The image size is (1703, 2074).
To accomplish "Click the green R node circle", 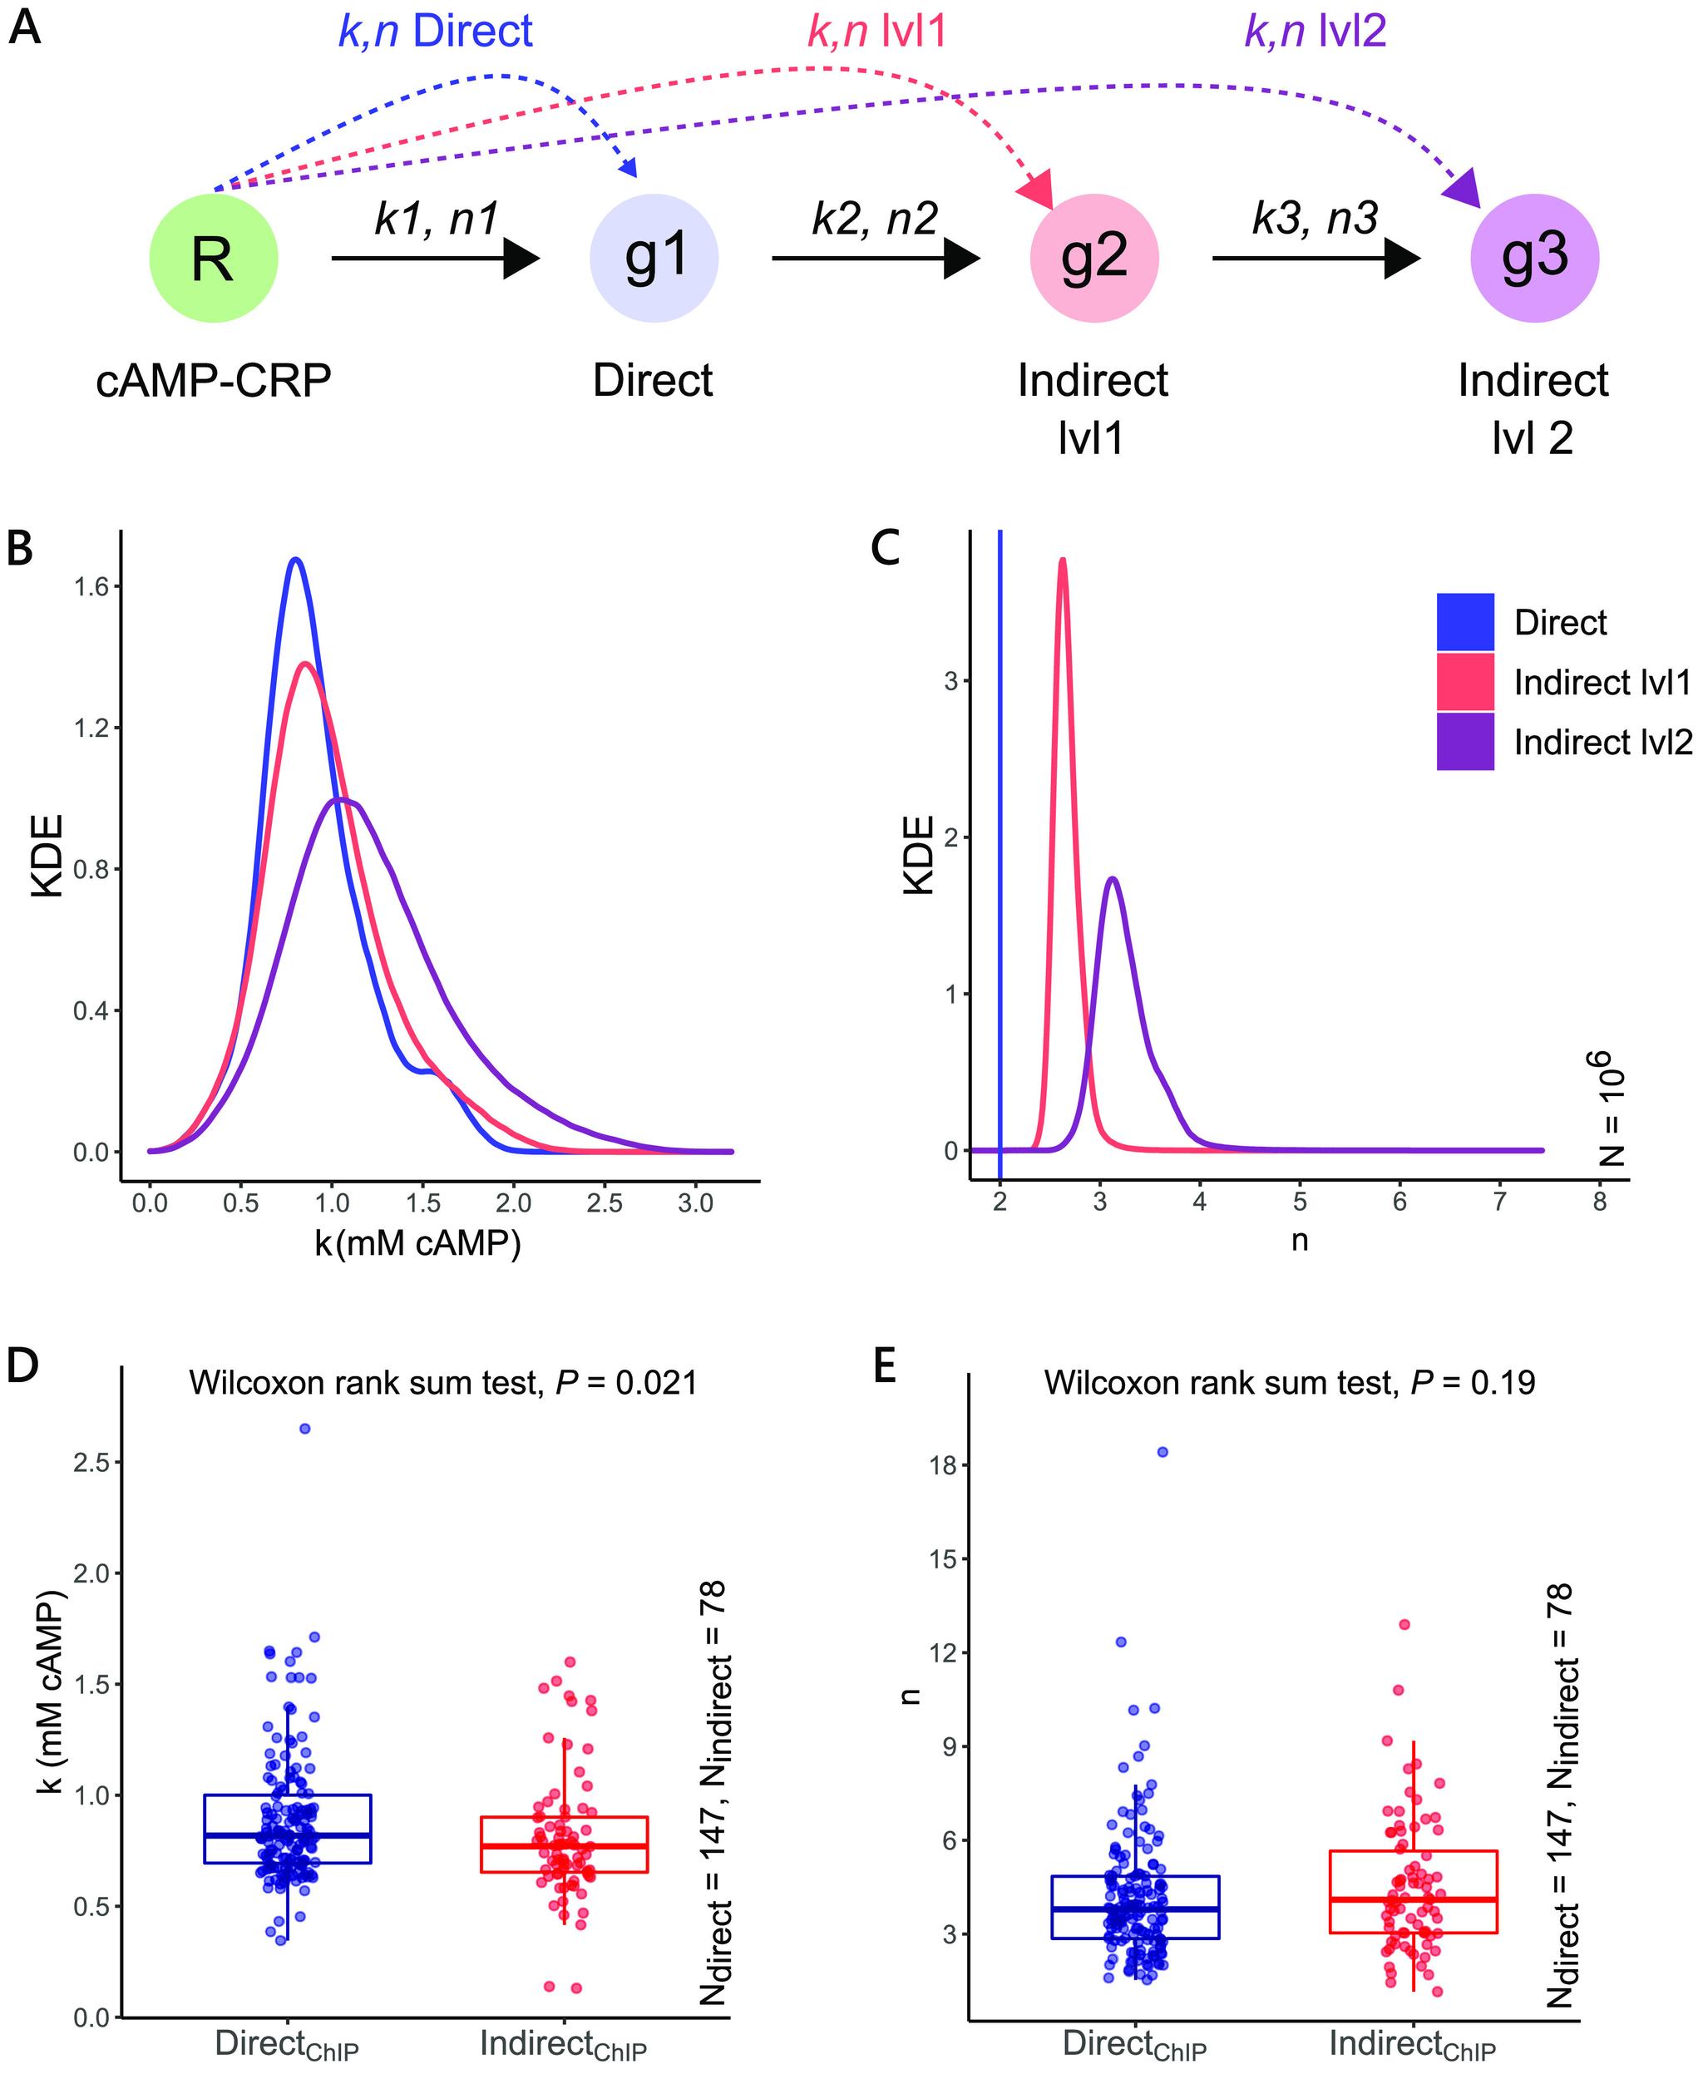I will click(213, 258).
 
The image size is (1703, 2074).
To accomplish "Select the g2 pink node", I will click(1093, 258).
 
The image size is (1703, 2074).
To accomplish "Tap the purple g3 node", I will click(1534, 258).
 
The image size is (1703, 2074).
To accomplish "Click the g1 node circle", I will click(654, 258).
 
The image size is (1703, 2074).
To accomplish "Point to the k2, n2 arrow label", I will click(874, 219).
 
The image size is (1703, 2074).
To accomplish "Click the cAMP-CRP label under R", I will click(213, 381).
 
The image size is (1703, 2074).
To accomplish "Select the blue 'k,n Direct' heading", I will click(435, 32).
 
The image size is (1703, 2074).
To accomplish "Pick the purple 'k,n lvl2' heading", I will click(1315, 32).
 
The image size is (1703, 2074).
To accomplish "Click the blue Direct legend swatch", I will click(1464, 622).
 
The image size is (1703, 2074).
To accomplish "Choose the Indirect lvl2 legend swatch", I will click(1464, 742).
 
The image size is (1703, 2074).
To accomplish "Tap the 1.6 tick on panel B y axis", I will click(91, 586).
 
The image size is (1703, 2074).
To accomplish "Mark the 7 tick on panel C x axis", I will click(1499, 1202).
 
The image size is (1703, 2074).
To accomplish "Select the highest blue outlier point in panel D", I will click(305, 1429).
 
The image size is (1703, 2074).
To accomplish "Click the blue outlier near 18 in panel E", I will click(1162, 1452).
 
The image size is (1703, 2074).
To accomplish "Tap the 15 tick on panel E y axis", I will click(942, 1559).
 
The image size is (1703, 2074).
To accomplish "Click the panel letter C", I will click(886, 550).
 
